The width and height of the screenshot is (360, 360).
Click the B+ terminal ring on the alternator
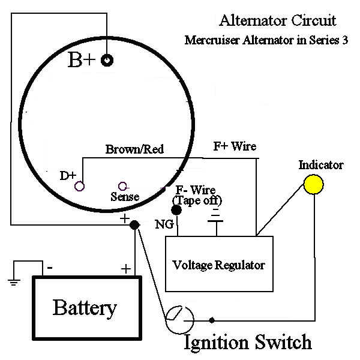108,61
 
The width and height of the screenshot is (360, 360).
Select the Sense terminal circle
122,185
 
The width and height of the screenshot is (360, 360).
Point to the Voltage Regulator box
219,263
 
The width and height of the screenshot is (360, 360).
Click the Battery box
84,308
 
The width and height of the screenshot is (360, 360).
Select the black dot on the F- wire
176,211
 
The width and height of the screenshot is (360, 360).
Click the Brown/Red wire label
134,149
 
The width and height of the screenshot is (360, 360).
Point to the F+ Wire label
235,146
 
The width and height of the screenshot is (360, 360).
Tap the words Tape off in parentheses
197,200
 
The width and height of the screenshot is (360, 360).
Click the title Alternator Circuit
278,21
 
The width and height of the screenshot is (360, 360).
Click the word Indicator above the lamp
321,165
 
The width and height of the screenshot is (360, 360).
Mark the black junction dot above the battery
135,224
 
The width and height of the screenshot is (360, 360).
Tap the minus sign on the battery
50,268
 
